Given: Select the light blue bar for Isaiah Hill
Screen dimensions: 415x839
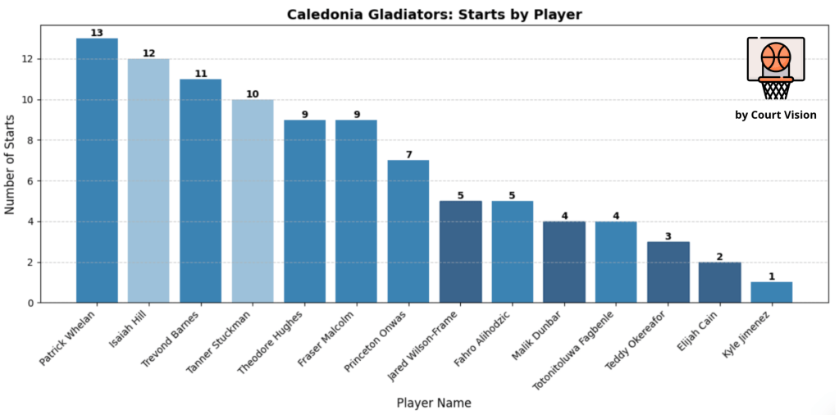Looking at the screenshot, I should click(148, 180).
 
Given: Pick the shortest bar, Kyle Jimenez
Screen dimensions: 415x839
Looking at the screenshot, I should click(772, 293).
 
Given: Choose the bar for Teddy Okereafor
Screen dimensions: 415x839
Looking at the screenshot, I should click(668, 272).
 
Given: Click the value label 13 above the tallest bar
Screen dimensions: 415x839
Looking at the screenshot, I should click(97, 33).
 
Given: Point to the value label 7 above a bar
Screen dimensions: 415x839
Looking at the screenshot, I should click(408, 154).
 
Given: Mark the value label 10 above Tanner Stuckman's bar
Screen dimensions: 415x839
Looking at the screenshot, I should click(253, 93).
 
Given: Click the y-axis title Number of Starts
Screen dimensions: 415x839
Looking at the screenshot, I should click(11, 164).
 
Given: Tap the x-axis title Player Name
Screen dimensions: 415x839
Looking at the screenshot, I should click(434, 403).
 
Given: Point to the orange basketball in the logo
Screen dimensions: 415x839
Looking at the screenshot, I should click(775, 57).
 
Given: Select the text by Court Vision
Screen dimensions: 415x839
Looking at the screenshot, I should click(775, 115).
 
